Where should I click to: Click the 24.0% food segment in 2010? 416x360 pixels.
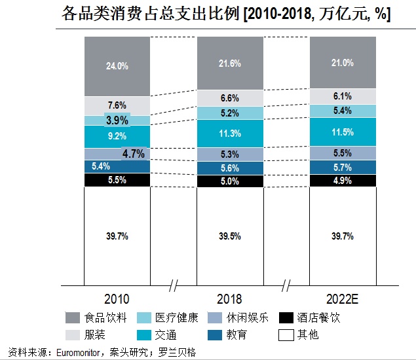pos(117,66)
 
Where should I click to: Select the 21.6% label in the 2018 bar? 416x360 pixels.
pos(230,63)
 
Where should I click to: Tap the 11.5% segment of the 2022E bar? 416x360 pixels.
pos(343,132)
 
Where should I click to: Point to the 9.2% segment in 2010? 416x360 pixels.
pos(117,137)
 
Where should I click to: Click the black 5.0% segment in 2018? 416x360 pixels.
pos(230,181)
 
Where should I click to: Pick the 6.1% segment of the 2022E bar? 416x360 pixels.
pos(343,96)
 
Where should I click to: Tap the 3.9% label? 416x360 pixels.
pos(117,120)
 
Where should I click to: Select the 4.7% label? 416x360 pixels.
pos(133,154)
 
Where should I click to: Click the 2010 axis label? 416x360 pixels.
pos(117,299)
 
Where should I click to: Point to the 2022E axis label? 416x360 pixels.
pos(343,299)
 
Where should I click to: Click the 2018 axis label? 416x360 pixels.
pos(230,299)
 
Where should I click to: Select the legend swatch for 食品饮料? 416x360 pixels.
pos(73,319)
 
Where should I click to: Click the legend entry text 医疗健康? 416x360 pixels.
pos(176,319)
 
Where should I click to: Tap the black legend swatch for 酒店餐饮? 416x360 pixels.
pos(286,319)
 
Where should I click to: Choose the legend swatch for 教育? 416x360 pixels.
pos(214,335)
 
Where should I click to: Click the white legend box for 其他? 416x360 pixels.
pos(286,335)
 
